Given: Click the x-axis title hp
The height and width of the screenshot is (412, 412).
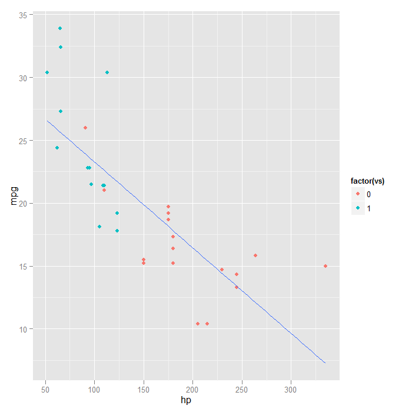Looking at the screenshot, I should tap(186, 401).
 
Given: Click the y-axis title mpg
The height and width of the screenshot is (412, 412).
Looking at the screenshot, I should tap(14, 195).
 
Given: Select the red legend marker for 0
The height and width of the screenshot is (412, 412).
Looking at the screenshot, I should tap(358, 194).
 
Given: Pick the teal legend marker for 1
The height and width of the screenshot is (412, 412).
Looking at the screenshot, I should tap(358, 208).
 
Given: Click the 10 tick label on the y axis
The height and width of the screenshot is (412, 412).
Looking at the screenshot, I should tap(22, 329).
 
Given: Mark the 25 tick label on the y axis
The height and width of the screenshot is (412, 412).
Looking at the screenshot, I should tap(22, 141).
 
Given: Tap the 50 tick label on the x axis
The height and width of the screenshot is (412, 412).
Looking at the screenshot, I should tap(45, 390).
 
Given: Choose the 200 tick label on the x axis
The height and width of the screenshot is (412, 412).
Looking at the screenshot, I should tap(192, 390).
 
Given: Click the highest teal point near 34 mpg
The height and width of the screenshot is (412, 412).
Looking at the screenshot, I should tap(60, 28).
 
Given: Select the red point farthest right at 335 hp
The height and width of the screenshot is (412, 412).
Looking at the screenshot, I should tap(325, 266).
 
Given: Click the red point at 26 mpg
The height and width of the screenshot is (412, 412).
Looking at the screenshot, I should tap(85, 128).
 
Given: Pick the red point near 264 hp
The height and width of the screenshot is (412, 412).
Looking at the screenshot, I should tap(255, 255).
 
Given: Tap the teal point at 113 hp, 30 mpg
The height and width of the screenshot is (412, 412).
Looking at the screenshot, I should tap(107, 72).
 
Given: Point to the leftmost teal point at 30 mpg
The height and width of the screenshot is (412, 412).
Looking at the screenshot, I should tap(47, 72).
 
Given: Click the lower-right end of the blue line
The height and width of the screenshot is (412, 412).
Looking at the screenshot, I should tap(325, 363).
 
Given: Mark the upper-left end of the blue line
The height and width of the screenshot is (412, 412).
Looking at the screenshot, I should tap(47, 121).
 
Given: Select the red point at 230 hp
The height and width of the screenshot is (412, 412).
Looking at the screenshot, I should tap(222, 270).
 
